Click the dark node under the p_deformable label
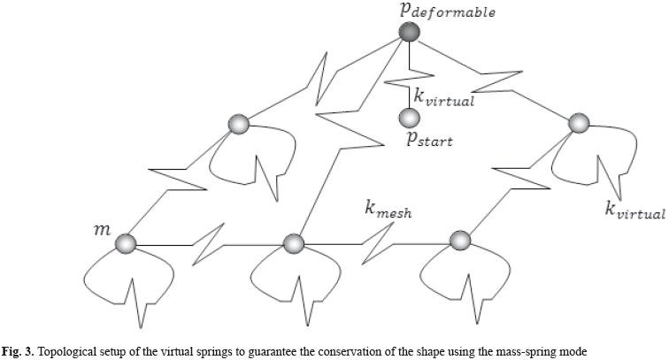pyautogui.click(x=409, y=33)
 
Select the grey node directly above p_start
pyautogui.click(x=408, y=117)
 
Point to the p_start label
pyautogui.click(x=429, y=139)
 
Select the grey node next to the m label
pyautogui.click(x=126, y=243)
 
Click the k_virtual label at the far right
pyautogui.click(x=634, y=211)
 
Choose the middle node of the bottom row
pyautogui.click(x=293, y=242)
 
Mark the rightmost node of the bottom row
pyautogui.click(x=459, y=241)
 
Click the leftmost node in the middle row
pyautogui.click(x=237, y=125)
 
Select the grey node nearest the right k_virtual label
pyautogui.click(x=578, y=123)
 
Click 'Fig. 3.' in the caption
pyautogui.click(x=18, y=352)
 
